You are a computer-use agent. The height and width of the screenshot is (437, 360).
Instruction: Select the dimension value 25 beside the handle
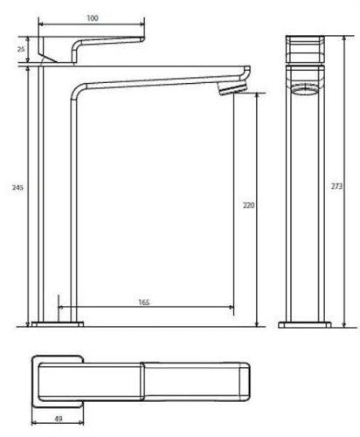tap(21, 50)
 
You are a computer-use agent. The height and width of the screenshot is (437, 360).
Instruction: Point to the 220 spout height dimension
tap(248, 206)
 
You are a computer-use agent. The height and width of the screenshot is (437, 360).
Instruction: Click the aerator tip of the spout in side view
tap(233, 92)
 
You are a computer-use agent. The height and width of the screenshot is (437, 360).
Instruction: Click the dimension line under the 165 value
tap(144, 309)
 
